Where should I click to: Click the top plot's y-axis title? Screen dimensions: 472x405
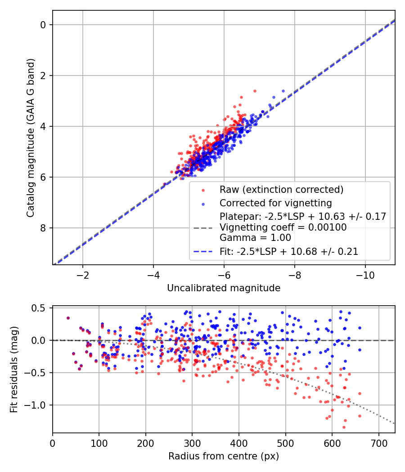pos(31,137)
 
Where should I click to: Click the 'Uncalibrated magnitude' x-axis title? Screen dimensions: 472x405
pos(224,288)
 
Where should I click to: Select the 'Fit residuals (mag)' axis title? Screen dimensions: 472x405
pos(14,370)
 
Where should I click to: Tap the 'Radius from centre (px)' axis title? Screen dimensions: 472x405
pos(224,456)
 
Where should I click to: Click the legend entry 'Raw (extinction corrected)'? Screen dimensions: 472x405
pos(282,189)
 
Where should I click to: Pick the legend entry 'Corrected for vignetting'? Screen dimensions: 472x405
pos(275,203)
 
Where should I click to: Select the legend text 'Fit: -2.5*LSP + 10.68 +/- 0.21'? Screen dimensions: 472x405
pos(289,252)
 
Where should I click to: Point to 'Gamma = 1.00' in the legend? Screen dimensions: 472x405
pos(255,238)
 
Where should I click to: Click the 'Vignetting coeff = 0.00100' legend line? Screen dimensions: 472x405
pos(283,227)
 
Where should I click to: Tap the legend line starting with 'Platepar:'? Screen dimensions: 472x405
pos(302,217)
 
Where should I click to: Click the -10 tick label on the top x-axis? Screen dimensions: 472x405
pos(365,275)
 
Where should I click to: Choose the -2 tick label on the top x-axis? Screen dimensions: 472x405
pos(83,275)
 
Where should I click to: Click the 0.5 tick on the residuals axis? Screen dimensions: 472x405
pos(41,308)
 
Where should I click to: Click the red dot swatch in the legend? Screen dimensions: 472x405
pos(205,189)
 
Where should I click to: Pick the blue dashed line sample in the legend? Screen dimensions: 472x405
pos(205,252)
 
